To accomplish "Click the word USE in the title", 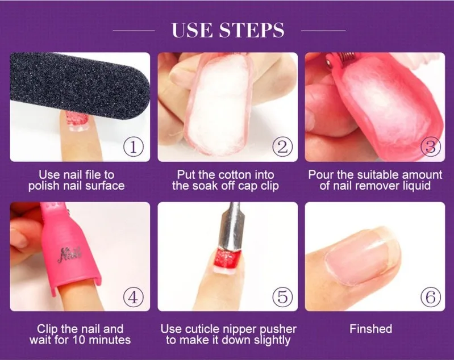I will tap(191, 31).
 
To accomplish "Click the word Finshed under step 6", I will tap(370, 329).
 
